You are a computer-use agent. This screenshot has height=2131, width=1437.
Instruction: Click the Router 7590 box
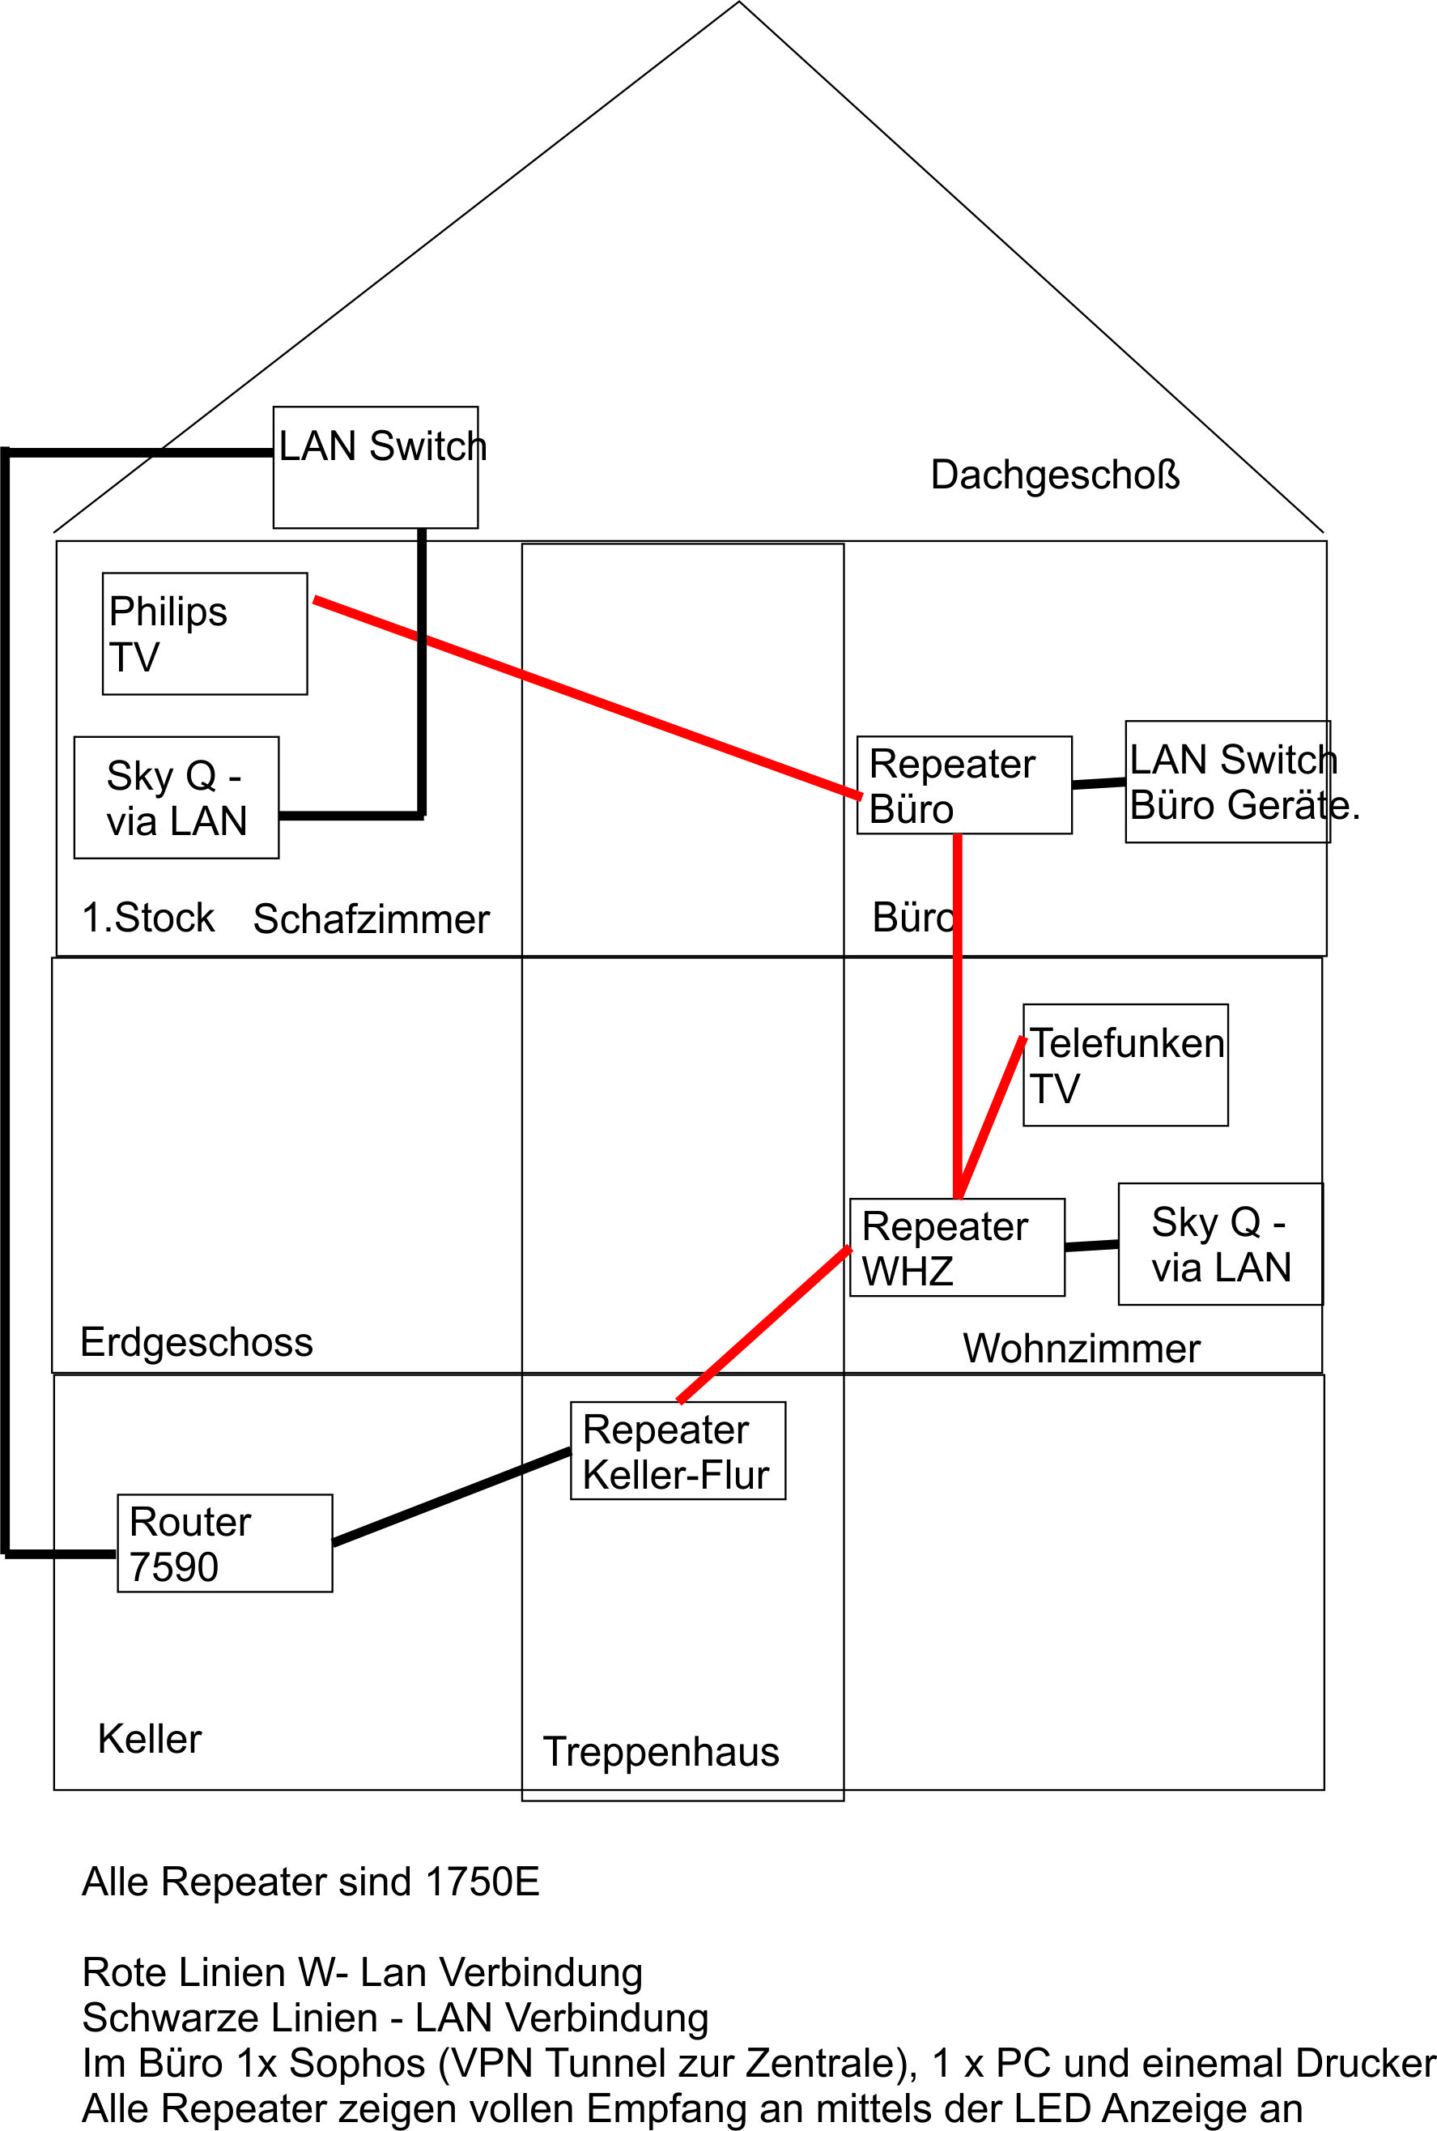click(224, 1543)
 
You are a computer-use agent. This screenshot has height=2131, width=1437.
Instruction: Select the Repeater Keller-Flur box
click(678, 1451)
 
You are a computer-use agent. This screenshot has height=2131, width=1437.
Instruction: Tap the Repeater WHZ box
click(957, 1247)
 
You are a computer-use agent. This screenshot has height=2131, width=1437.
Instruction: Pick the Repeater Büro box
click(964, 785)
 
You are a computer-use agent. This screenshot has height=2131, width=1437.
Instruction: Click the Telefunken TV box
click(1125, 1064)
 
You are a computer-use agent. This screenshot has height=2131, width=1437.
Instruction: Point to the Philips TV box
click(204, 633)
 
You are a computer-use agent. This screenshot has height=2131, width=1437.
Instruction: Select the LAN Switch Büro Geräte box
click(1227, 782)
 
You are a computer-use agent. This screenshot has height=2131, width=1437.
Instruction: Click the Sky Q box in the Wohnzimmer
click(1220, 1243)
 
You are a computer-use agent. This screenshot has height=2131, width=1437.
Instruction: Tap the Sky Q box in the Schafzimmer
click(176, 798)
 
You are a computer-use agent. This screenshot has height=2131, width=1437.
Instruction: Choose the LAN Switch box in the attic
click(376, 467)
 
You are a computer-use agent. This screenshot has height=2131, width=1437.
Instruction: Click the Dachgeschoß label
click(1055, 475)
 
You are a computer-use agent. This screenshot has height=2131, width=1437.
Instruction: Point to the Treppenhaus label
click(661, 1751)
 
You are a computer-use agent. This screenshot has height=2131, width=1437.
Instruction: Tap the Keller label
click(150, 1738)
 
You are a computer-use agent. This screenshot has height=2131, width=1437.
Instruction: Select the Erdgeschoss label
click(196, 1342)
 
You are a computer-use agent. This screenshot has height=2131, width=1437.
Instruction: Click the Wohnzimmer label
click(1082, 1349)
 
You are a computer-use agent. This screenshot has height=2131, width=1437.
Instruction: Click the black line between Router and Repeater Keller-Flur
click(452, 1497)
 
